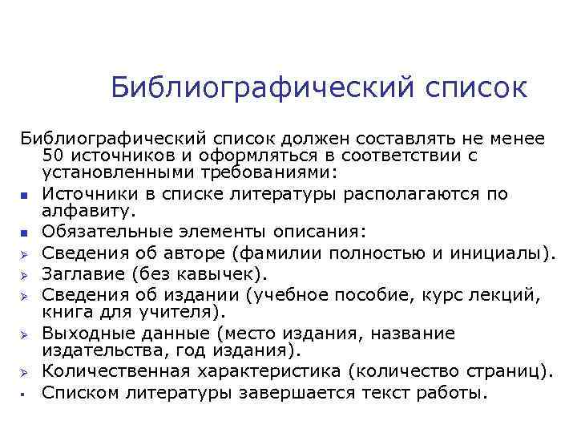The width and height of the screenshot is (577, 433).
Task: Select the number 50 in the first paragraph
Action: (55, 154)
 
